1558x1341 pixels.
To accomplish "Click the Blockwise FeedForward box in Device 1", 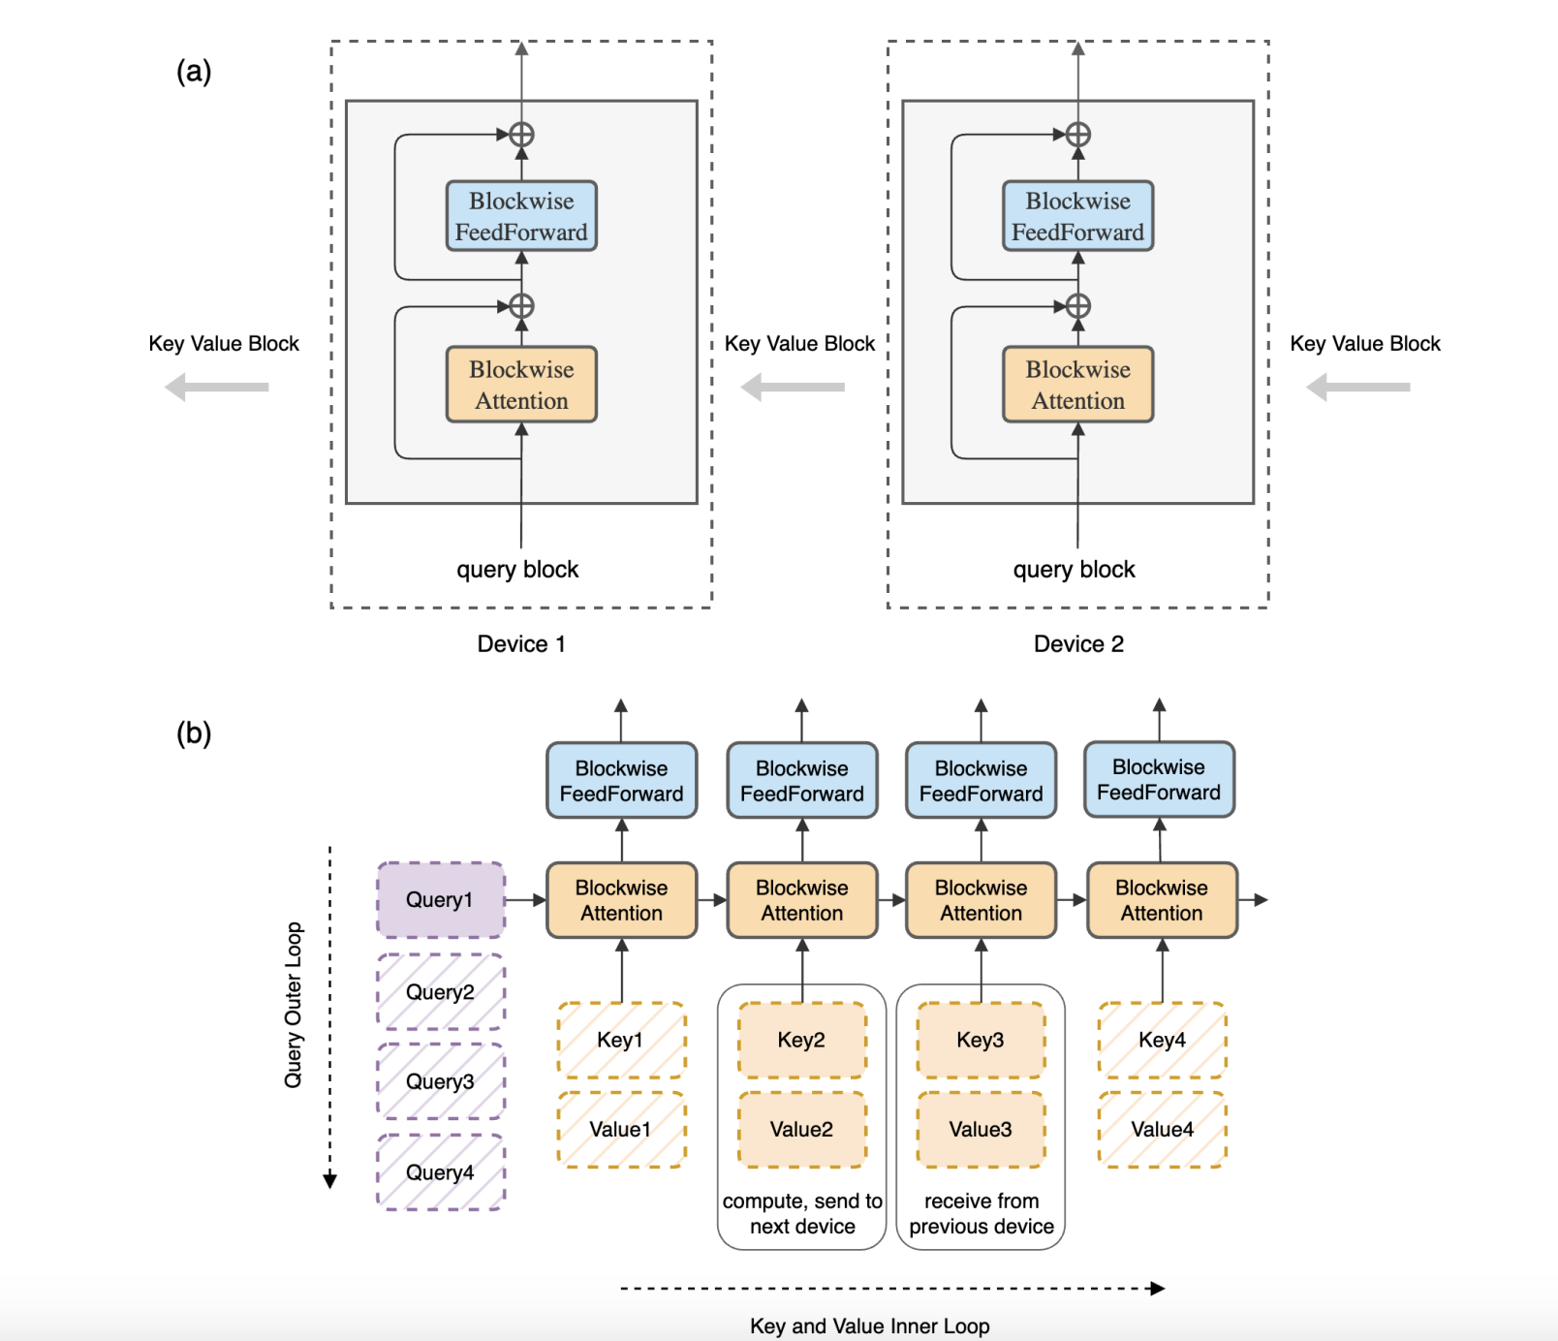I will coord(521,216).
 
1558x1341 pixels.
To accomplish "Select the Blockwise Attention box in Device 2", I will coord(1077,385).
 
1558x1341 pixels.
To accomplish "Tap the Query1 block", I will coord(440,900).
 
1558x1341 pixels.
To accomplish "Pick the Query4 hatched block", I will coord(440,1172).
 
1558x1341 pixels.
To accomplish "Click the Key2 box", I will coord(801,1041).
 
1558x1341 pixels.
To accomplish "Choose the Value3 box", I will coord(981,1130).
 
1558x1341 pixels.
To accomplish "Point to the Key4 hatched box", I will coord(1162,1041).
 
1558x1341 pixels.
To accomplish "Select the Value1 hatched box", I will coord(621,1130).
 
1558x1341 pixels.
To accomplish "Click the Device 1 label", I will coord(521,644).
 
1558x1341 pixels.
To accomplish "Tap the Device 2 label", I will coord(1078,644).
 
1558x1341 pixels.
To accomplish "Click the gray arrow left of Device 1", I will coord(217,388).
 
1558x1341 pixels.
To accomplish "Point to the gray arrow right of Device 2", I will coord(1358,388).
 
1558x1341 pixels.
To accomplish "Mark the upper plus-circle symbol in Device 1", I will coord(521,135).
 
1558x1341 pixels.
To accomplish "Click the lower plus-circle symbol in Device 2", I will coord(1078,306).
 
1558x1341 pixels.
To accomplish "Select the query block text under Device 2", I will coord(1074,570).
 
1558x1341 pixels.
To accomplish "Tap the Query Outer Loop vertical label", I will coord(294,1005).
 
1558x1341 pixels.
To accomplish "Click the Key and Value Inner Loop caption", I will coord(869,1325).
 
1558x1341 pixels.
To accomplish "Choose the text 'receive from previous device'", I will coord(981,1214).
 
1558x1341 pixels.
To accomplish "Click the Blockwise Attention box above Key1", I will coord(621,900).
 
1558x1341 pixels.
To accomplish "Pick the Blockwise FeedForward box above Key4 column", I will coord(1159,780).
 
